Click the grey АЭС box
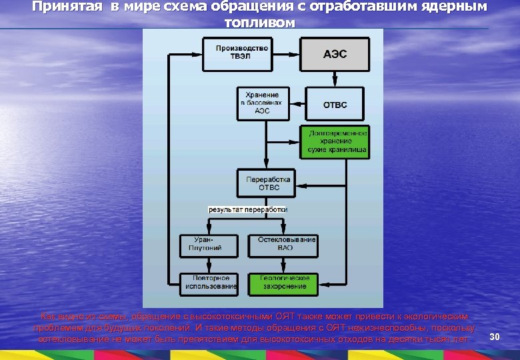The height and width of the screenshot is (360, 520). coord(335,54)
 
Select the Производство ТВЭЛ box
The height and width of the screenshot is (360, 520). coord(242,53)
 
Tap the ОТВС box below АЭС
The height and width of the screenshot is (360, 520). coord(335,105)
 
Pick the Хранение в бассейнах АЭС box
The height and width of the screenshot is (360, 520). coord(263,103)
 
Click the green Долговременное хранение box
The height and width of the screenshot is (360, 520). coord(337,142)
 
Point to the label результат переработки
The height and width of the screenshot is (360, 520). coord(248,209)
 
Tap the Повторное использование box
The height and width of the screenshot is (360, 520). coord(211,282)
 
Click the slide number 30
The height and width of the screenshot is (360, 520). coord(495,337)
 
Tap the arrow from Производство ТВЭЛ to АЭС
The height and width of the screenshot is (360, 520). coord(285,53)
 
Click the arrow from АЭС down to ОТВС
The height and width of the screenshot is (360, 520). coord(335,79)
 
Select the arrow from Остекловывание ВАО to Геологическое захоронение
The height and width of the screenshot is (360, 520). coord(282,265)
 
